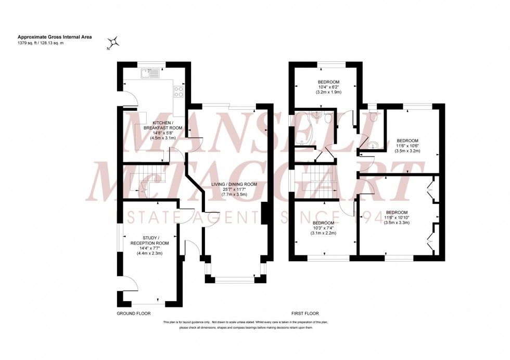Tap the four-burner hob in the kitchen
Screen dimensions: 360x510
point(178,92)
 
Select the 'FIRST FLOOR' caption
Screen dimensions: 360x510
point(305,314)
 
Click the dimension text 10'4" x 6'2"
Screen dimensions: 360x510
point(328,87)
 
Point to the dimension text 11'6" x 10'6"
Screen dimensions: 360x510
point(408,146)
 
